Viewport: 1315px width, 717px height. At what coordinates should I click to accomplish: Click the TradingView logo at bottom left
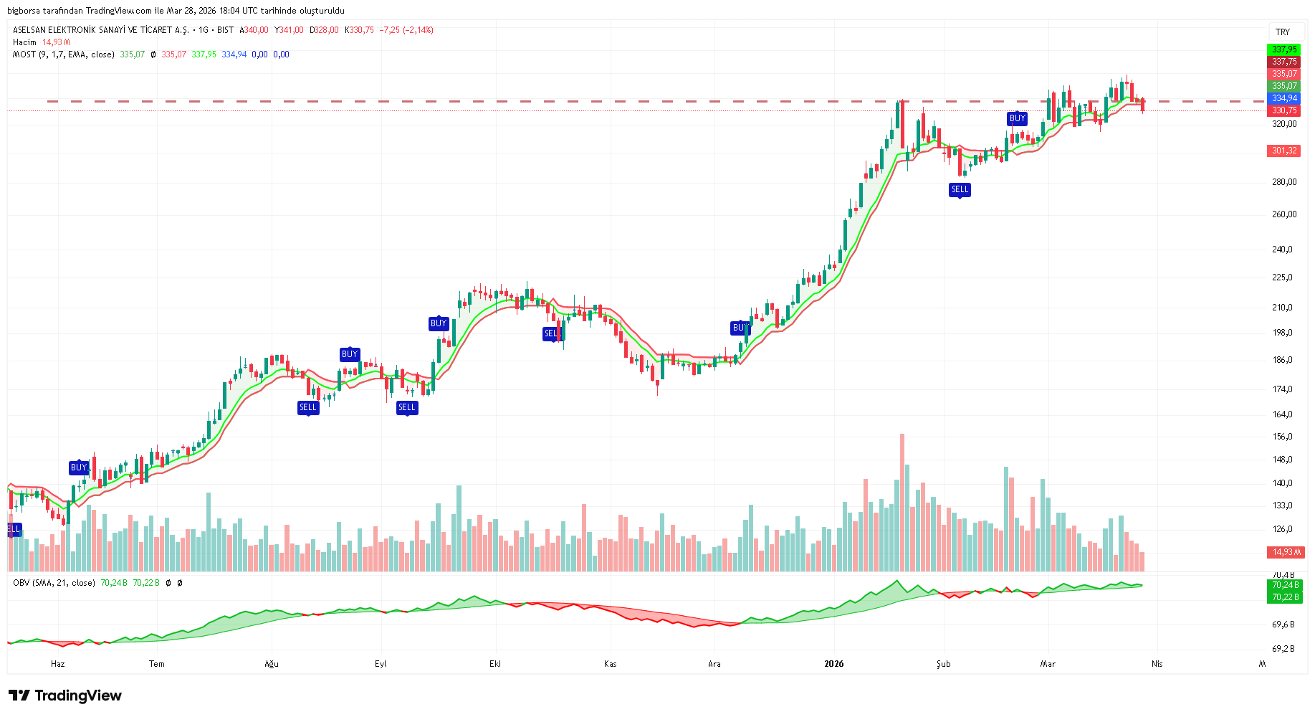[x=65, y=695]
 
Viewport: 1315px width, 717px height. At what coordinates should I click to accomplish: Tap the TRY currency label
[x=1282, y=32]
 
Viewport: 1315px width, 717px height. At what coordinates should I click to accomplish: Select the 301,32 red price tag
[x=1283, y=151]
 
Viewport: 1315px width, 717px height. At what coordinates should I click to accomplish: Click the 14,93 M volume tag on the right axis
[x=1284, y=552]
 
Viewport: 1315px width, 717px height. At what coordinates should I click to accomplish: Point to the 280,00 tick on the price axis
[x=1283, y=182]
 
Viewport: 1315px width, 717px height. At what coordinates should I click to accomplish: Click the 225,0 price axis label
[x=1282, y=277]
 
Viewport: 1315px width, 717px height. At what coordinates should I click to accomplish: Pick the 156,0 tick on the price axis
[x=1282, y=437]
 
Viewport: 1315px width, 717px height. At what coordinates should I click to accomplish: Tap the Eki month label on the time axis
[x=494, y=664]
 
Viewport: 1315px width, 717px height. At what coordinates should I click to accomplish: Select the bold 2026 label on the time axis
[x=833, y=664]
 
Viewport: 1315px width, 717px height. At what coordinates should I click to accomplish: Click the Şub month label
[x=943, y=664]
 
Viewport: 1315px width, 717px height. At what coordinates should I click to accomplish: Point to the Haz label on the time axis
[x=57, y=664]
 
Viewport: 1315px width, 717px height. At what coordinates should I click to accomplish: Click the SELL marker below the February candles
[x=960, y=189]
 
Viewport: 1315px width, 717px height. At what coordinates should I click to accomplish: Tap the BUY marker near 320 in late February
[x=1017, y=118]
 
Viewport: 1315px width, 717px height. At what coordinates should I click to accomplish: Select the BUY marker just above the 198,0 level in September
[x=438, y=323]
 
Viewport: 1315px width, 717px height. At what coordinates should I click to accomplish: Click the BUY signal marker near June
[x=78, y=467]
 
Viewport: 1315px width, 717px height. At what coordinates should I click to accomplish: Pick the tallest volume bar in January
[x=902, y=502]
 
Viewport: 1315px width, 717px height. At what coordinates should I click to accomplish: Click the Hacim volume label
[x=24, y=42]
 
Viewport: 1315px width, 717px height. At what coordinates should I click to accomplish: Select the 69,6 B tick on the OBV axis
[x=1283, y=625]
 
